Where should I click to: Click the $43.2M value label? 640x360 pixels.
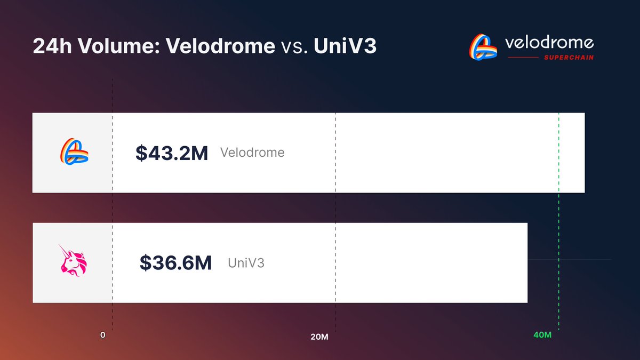click(171, 153)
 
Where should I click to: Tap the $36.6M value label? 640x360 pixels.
click(175, 263)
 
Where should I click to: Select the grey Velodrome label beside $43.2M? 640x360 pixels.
click(252, 153)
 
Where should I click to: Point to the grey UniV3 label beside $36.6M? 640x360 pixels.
click(246, 263)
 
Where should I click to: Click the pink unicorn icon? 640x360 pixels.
click(73, 261)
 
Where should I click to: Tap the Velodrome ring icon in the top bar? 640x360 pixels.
click(74, 151)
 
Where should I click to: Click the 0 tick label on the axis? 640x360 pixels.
click(103, 335)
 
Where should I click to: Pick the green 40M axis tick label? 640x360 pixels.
click(542, 335)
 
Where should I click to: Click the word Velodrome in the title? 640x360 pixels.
click(220, 46)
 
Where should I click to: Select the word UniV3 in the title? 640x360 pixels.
click(345, 46)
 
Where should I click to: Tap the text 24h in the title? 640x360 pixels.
click(52, 46)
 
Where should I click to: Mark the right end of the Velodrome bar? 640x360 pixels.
click(584, 153)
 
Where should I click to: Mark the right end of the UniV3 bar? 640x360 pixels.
click(526, 263)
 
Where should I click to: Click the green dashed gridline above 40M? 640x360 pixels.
click(558, 213)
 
